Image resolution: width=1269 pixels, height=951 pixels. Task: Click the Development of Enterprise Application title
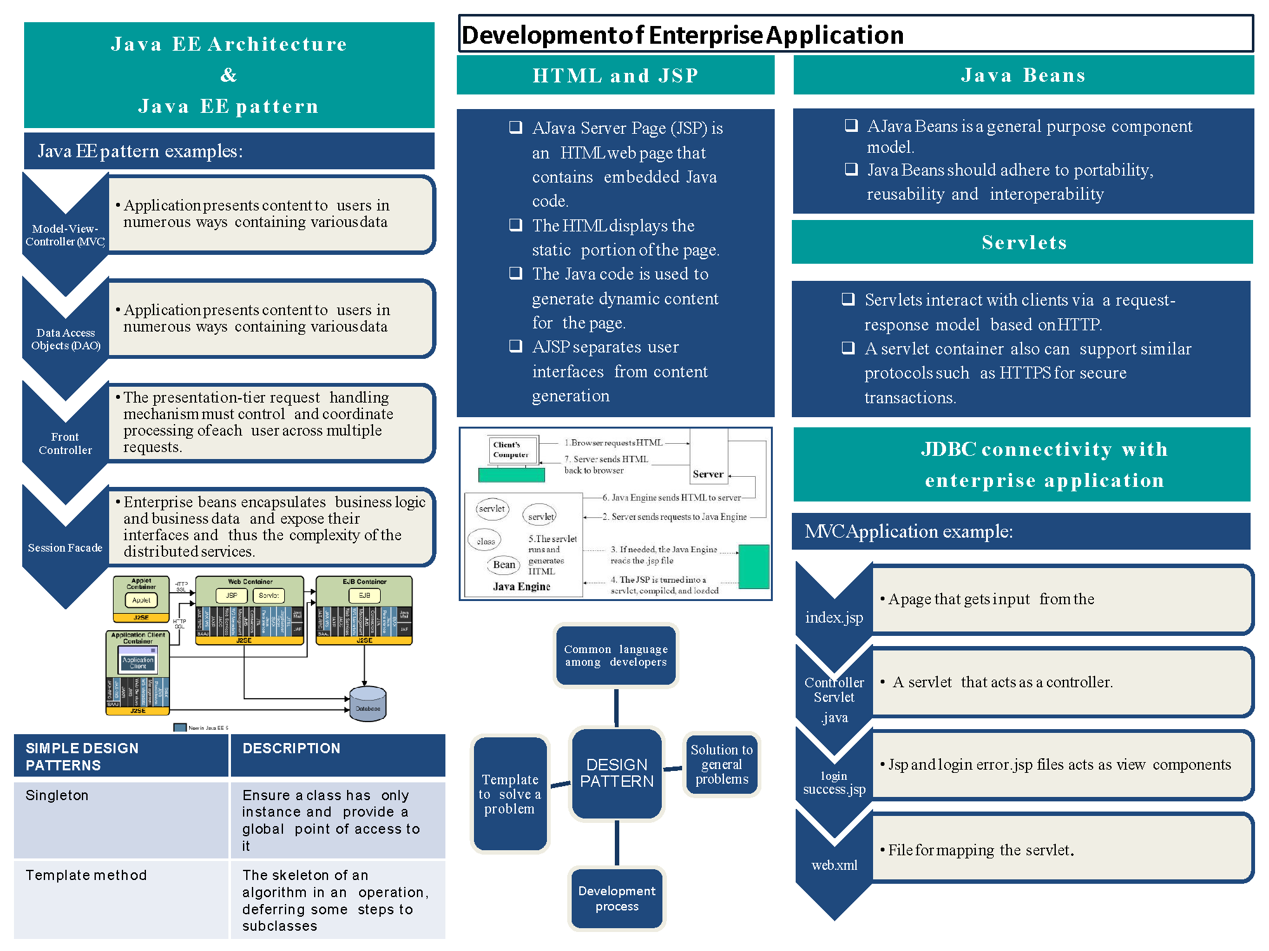point(682,35)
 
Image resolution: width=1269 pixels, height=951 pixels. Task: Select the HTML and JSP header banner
point(615,75)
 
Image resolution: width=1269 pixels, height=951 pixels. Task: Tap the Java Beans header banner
point(1023,75)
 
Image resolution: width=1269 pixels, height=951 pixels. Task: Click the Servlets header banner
point(1023,242)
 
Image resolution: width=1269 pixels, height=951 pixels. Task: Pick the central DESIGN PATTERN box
point(617,773)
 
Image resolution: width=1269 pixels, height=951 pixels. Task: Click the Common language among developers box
point(615,656)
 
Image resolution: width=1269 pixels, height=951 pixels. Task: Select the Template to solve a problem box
point(510,794)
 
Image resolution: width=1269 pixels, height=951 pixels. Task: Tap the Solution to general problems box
point(721,764)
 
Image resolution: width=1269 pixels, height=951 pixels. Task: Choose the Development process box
point(617,898)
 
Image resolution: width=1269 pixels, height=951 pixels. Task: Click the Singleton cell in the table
point(57,796)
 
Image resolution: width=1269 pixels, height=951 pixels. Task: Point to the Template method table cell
point(86,876)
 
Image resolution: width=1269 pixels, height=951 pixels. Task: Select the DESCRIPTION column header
point(291,749)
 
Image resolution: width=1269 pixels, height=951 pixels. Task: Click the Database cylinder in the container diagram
point(368,704)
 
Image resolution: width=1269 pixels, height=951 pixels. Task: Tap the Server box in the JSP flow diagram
point(708,474)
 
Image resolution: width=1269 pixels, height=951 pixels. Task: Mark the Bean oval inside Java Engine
point(504,564)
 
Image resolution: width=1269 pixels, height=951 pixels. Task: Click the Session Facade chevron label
point(65,548)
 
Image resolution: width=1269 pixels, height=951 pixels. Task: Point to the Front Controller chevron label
point(65,443)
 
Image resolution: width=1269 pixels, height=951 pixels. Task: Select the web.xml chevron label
point(834,865)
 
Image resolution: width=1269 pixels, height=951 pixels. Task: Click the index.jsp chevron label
point(834,618)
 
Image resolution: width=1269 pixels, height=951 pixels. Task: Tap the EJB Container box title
point(364,581)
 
